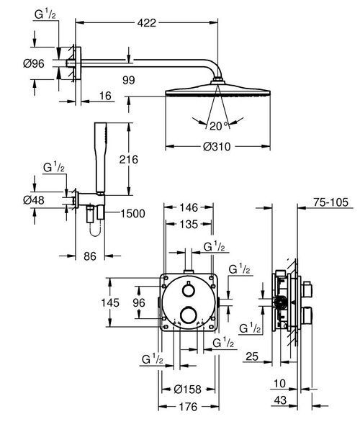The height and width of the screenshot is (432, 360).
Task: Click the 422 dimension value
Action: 147,22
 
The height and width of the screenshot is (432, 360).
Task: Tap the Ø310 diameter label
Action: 217,146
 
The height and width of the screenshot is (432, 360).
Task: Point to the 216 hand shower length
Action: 128,159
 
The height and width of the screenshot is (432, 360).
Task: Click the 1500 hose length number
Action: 132,214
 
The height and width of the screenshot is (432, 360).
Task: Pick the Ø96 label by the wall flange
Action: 34,63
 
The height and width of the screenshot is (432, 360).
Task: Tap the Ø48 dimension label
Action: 34,200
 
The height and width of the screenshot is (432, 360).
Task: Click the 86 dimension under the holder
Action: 90,256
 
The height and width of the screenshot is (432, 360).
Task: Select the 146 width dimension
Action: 189,207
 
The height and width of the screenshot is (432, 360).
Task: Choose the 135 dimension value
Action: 189,224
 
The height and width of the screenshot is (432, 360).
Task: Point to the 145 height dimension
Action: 110,302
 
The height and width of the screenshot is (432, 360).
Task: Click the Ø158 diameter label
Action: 188,390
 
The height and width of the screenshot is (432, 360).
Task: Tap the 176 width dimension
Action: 188,407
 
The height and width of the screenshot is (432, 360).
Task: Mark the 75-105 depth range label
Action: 330,202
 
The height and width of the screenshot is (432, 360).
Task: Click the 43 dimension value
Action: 280,400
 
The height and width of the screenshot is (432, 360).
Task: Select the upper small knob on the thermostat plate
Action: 189,290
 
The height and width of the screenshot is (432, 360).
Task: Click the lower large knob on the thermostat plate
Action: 189,315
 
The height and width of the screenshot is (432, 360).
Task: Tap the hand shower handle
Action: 101,157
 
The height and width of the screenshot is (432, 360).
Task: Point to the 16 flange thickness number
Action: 105,96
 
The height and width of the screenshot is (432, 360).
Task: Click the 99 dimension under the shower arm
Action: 129,81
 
